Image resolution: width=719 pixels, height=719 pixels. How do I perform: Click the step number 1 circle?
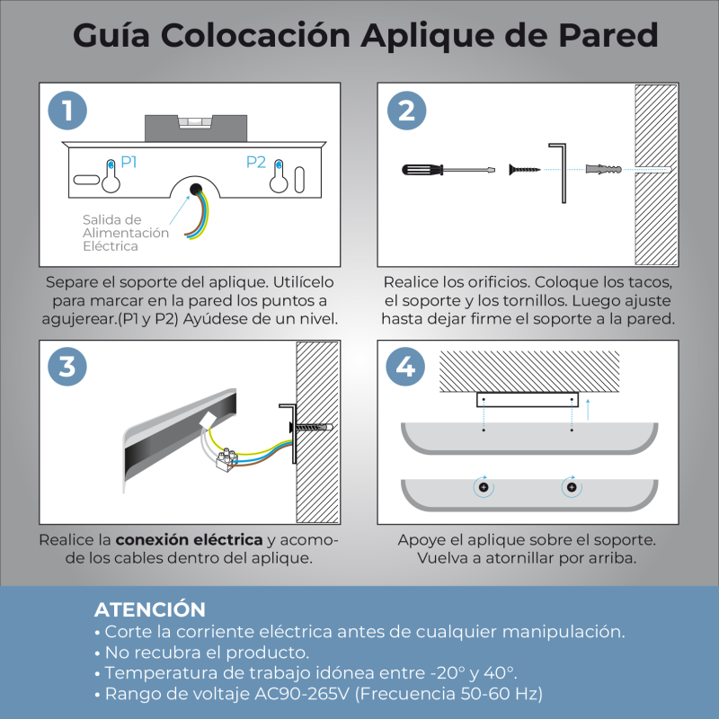tap(67, 111)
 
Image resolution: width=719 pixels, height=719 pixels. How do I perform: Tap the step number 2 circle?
tap(406, 111)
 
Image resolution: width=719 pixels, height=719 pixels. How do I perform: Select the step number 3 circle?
tap(67, 368)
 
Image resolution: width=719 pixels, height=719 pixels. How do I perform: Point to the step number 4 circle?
tap(406, 368)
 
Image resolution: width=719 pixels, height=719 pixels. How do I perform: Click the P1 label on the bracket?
tap(129, 162)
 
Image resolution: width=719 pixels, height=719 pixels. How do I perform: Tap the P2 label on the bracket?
tap(256, 162)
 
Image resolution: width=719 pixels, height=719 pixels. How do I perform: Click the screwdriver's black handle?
tap(421, 169)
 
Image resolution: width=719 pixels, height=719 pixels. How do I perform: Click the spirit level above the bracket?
tap(195, 125)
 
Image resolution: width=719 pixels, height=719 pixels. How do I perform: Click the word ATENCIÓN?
tap(149, 609)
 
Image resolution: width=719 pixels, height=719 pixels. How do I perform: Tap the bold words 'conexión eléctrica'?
tap(190, 540)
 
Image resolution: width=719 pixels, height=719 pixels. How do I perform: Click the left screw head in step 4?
tap(484, 487)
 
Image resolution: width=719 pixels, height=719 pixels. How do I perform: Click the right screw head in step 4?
tap(571, 487)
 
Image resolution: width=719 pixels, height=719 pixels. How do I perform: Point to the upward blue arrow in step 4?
tap(588, 411)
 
